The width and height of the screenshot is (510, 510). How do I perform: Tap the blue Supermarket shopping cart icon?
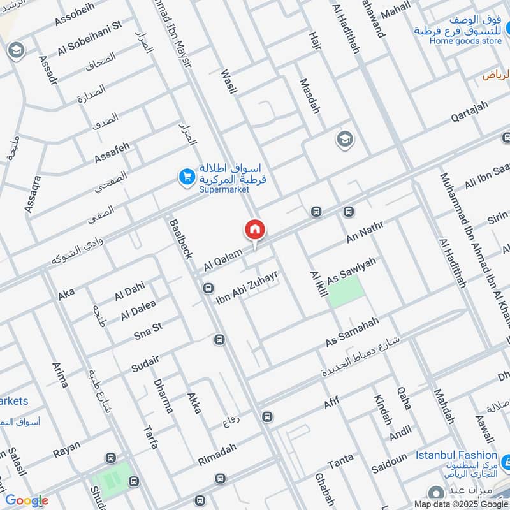[186, 177]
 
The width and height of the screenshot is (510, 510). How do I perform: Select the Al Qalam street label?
[223, 259]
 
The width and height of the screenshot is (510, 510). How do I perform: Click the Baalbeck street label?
[180, 238]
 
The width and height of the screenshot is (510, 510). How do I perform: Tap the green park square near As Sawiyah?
[346, 293]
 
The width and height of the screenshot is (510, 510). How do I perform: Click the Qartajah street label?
[472, 113]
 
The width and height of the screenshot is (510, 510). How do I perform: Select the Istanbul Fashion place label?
[456, 455]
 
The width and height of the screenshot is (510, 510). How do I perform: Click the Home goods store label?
[465, 41]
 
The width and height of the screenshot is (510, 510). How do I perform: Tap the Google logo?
[27, 500]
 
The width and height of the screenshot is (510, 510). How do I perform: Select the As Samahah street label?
[353, 331]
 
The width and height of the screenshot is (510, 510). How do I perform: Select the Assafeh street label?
[112, 152]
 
